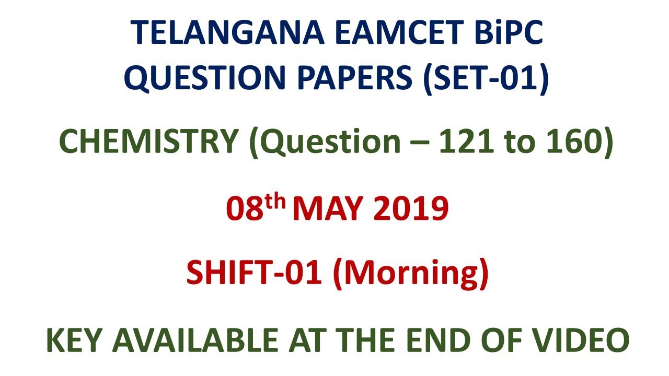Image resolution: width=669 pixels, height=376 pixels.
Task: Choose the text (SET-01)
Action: [x=487, y=79]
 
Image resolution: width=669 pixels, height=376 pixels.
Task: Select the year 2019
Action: [x=411, y=209]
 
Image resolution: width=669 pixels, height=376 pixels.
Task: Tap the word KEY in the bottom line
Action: [x=74, y=340]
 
